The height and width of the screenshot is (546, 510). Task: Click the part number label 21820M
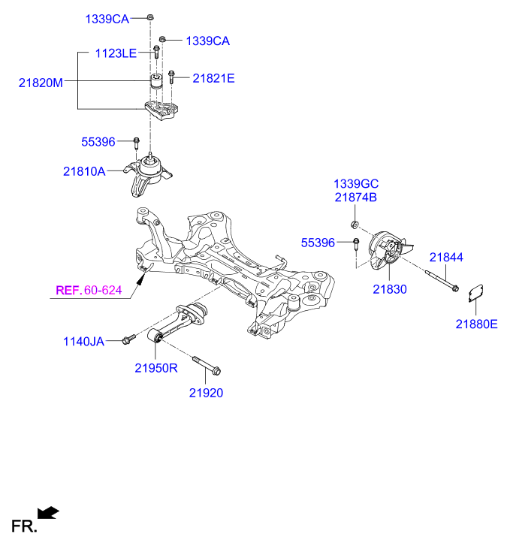[41, 83]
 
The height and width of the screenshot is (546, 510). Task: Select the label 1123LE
[116, 53]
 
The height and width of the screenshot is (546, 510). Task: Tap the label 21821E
[213, 77]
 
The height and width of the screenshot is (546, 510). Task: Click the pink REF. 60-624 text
[89, 290]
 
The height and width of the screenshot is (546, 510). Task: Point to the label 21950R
[156, 368]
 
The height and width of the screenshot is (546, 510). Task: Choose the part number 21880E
[476, 324]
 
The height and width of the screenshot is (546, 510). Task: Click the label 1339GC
[356, 184]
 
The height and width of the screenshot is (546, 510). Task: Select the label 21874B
[356, 198]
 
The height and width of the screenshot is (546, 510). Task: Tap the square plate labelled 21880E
[475, 293]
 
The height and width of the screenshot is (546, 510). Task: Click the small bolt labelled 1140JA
[128, 339]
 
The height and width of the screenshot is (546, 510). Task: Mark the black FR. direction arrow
[49, 513]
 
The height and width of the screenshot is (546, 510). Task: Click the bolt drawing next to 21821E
[172, 77]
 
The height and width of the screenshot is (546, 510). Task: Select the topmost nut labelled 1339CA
[150, 17]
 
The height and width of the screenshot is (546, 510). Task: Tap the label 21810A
[84, 171]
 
